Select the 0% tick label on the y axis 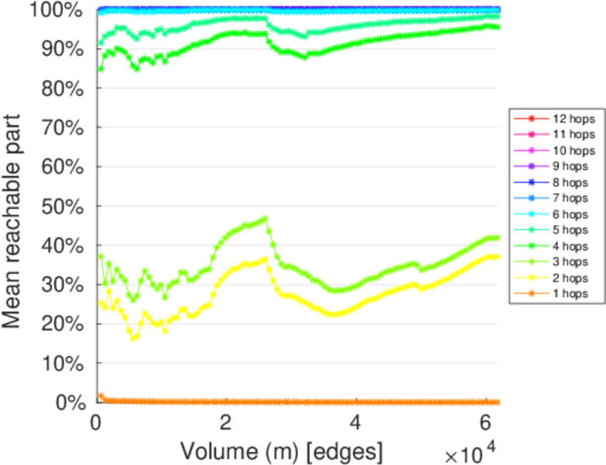70,402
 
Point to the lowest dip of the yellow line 133,339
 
